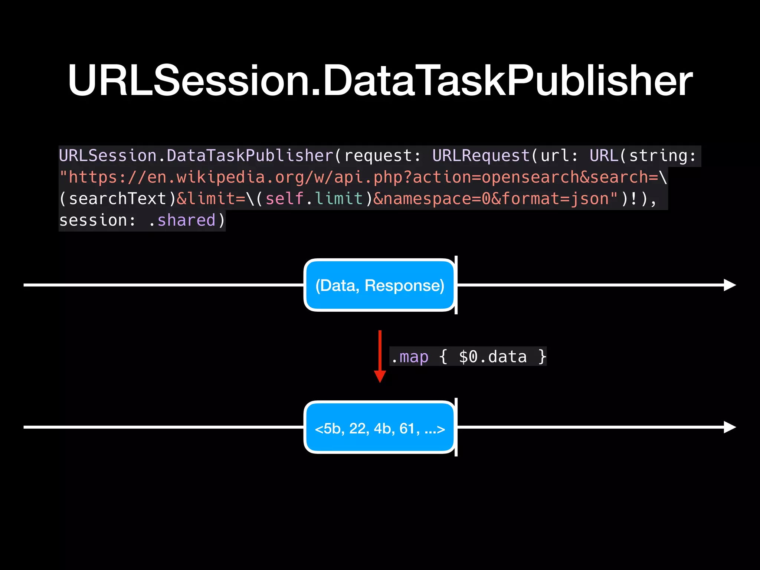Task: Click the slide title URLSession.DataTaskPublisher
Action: click(380, 80)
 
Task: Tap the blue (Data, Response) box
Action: click(379, 285)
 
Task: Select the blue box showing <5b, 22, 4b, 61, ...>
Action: click(379, 427)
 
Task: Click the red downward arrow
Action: click(380, 356)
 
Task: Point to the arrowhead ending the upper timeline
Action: click(730, 285)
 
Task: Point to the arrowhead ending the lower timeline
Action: click(730, 427)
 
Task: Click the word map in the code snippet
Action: click(414, 357)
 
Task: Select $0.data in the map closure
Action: click(492, 357)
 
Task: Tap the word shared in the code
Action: click(186, 220)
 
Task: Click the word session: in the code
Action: click(97, 220)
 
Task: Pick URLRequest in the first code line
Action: click(481, 156)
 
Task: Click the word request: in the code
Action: click(383, 156)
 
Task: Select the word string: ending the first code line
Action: click(663, 156)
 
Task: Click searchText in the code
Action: click(117, 199)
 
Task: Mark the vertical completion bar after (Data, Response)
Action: click(456, 285)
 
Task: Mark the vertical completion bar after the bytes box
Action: click(456, 427)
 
